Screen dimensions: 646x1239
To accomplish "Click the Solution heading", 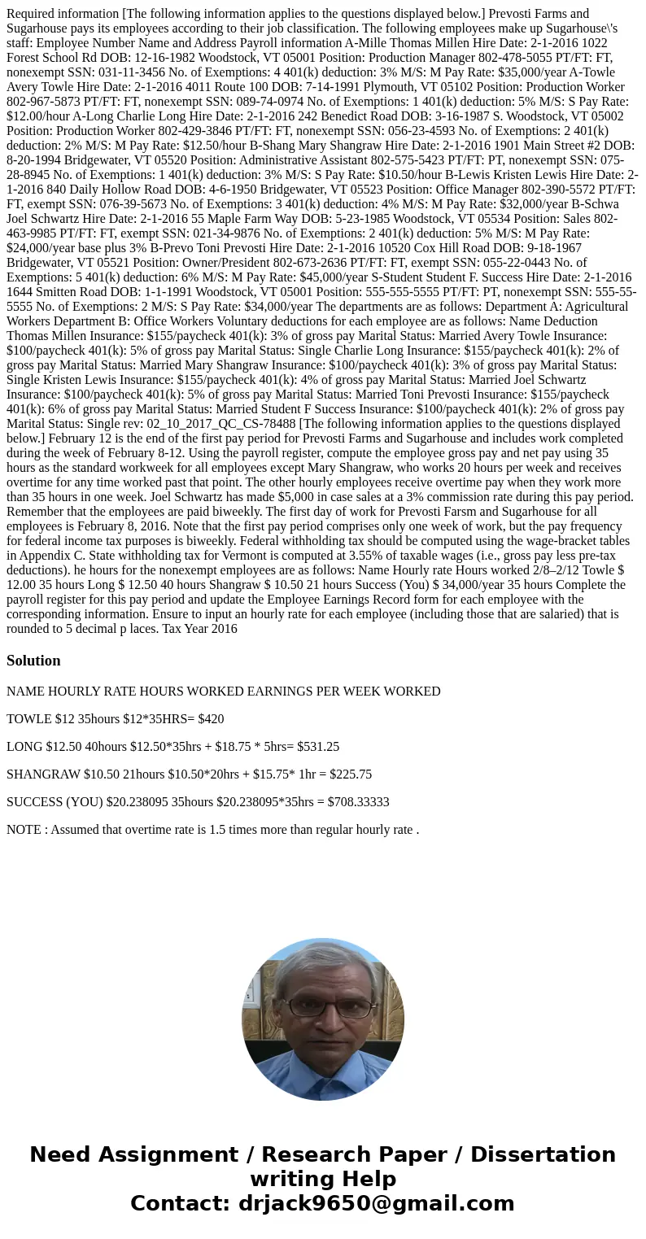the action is (33, 661).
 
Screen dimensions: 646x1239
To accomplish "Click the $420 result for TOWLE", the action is (211, 718).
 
